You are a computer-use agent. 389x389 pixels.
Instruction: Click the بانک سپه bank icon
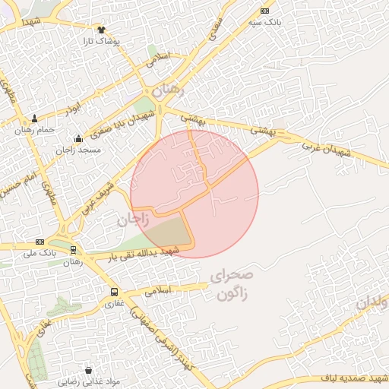click(x=264, y=11)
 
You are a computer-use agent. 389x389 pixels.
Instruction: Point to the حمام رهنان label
click(x=36, y=130)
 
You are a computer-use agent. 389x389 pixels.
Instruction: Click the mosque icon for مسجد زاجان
click(x=79, y=138)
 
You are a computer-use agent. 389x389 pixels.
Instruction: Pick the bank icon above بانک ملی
click(x=40, y=241)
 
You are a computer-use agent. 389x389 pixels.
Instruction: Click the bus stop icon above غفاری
click(x=114, y=292)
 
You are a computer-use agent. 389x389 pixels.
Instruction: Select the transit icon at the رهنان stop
click(x=73, y=250)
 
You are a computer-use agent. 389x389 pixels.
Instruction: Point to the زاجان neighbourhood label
click(x=131, y=221)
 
